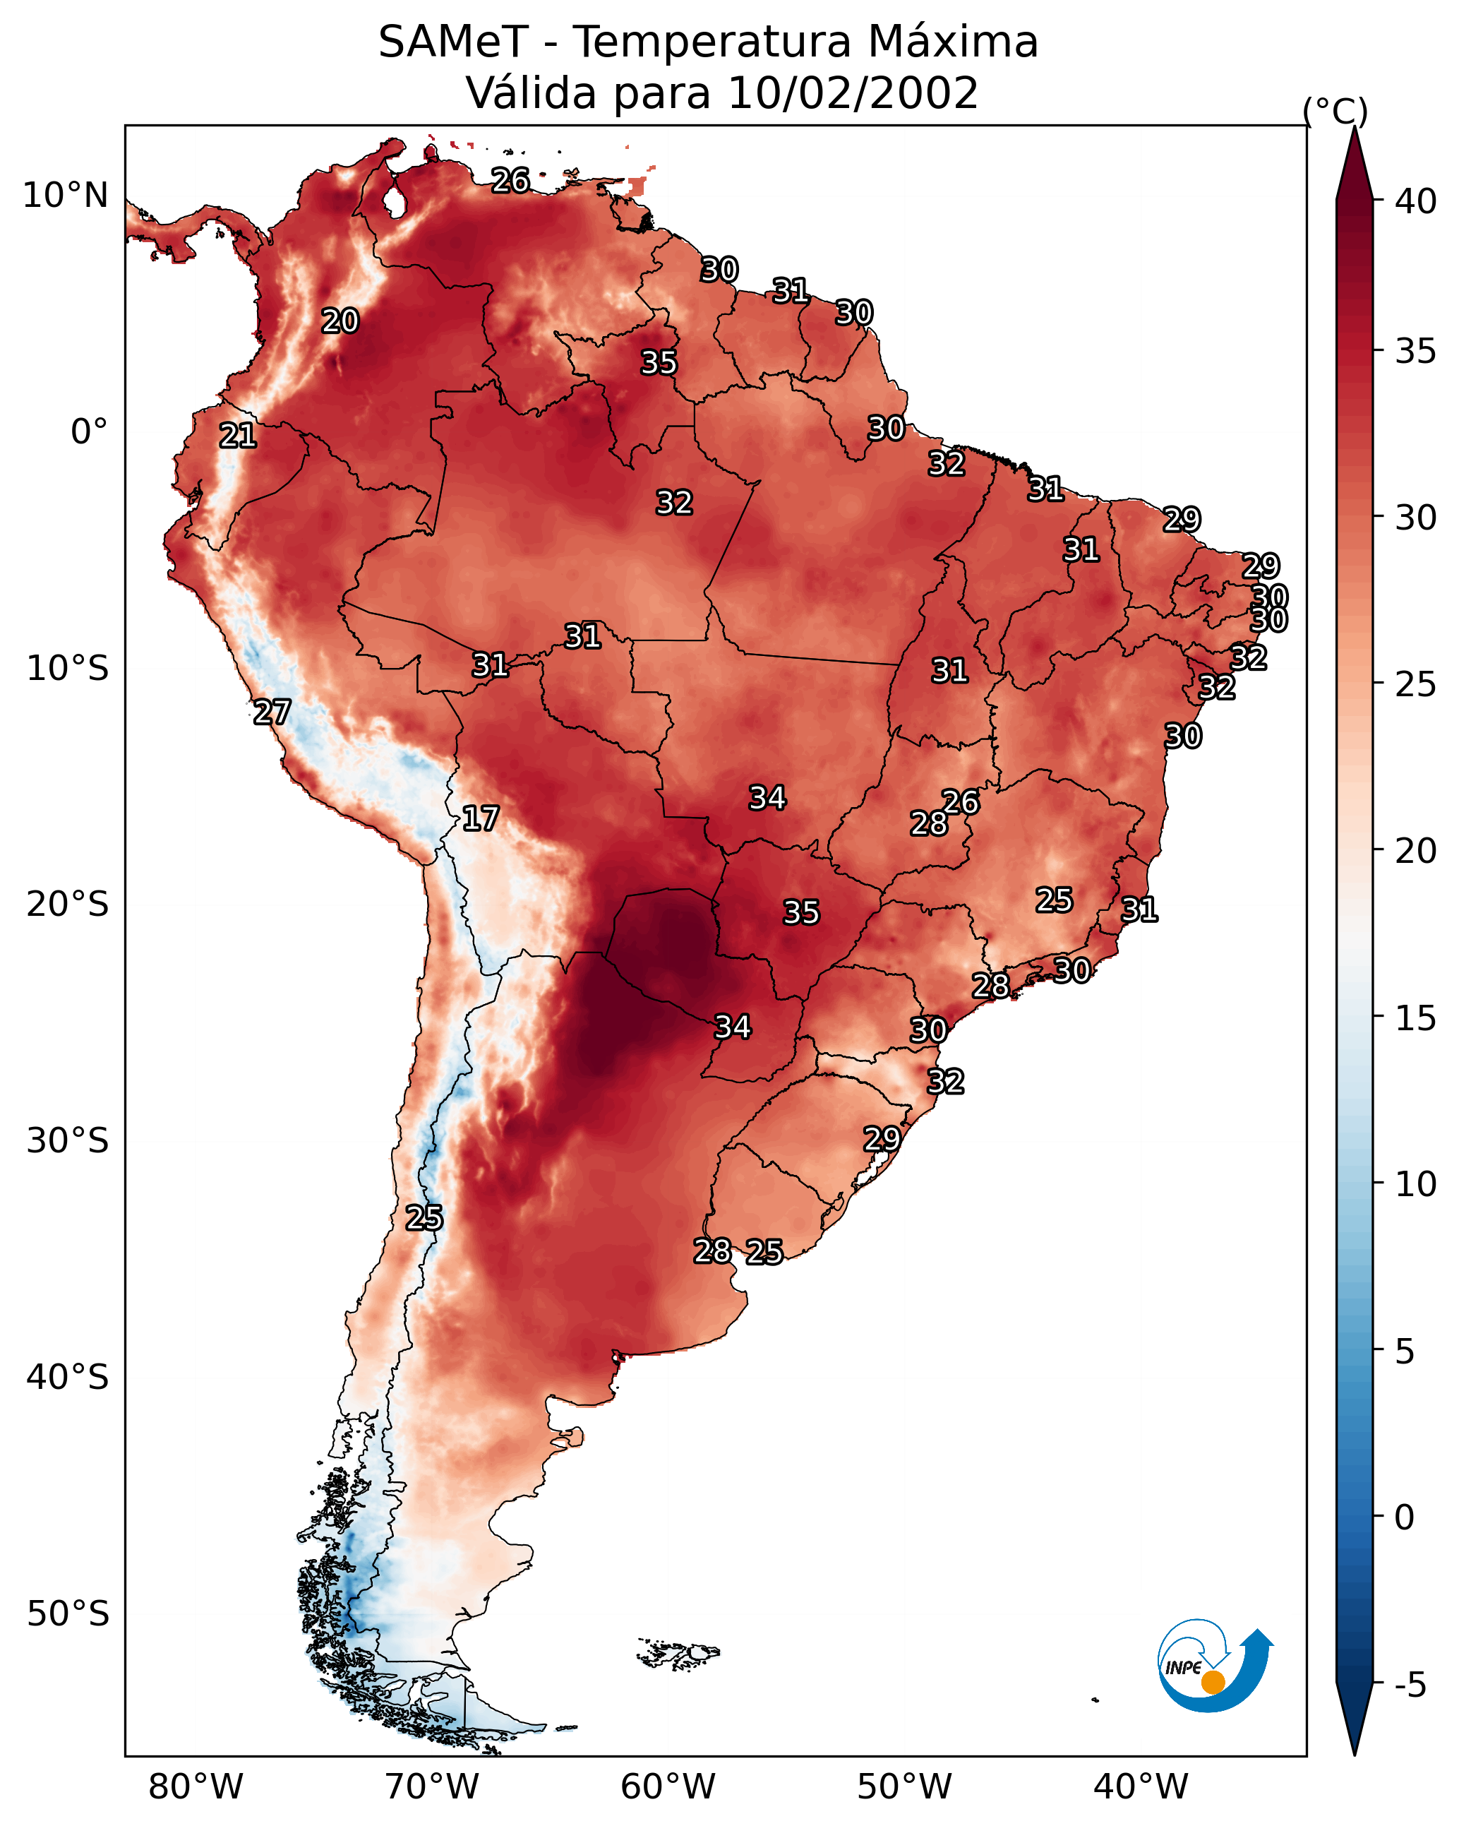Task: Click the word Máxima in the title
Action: pos(946,42)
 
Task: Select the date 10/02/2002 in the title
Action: pos(852,93)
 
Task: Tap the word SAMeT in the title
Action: pos(454,42)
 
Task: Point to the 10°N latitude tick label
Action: pos(65,196)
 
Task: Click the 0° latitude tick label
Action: pos(89,432)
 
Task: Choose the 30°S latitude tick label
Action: pos(68,1141)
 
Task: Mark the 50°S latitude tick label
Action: pos(68,1614)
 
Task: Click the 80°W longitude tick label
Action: pos(196,1786)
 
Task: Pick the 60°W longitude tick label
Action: pos(668,1786)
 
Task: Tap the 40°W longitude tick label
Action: pos(1141,1786)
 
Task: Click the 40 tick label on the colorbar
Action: pos(1416,201)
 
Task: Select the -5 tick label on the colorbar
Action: pos(1411,1685)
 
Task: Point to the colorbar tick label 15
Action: pos(1416,1018)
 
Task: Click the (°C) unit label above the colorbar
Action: pos(1335,111)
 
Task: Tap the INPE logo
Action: pos(1215,1665)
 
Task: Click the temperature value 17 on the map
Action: pos(480,818)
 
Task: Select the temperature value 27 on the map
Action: pos(272,712)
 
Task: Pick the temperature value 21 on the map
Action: pos(238,436)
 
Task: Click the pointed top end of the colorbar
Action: pos(1355,127)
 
